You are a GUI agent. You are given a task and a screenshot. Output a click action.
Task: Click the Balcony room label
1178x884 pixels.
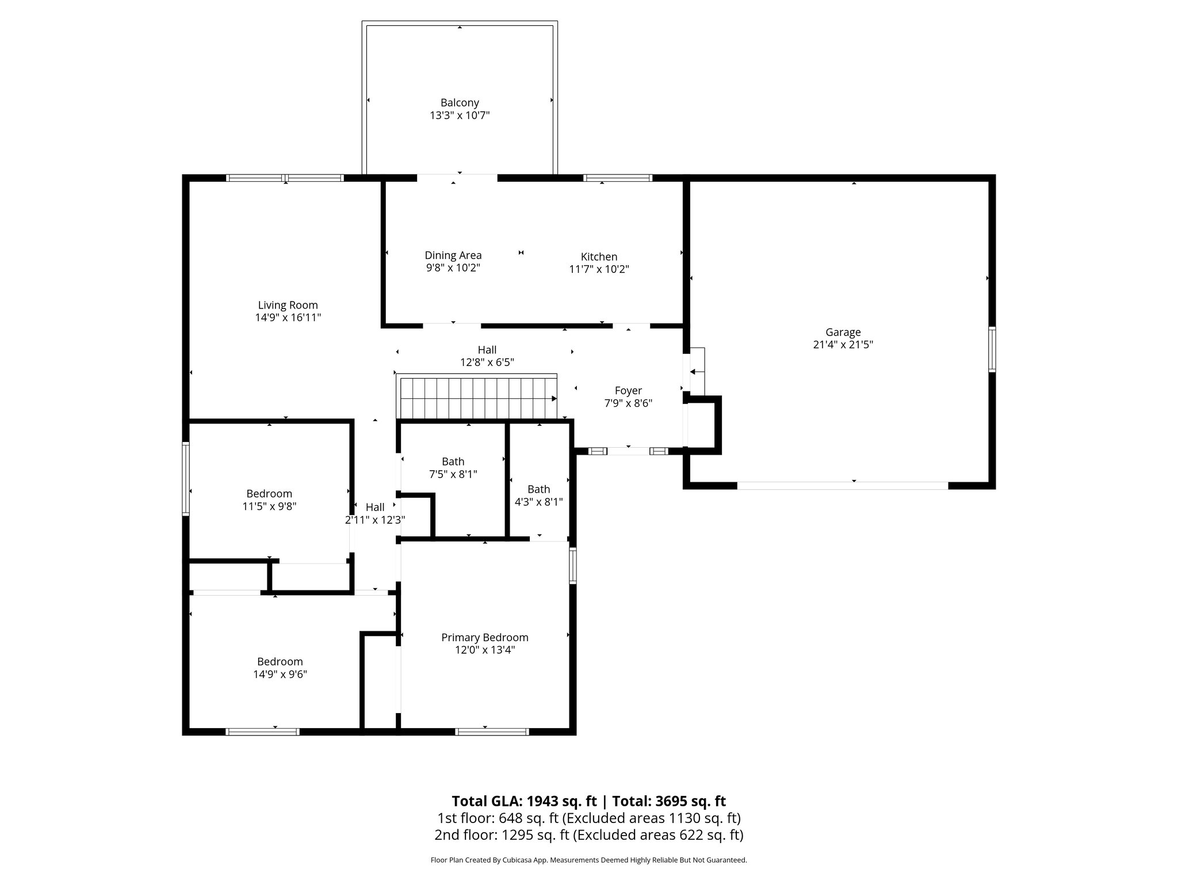460,103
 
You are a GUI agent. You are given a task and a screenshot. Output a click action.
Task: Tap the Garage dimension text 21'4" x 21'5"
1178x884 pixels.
843,345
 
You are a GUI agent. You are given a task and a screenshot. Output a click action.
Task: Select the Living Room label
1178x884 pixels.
288,305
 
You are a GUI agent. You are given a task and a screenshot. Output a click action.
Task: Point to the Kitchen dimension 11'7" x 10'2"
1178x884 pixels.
599,269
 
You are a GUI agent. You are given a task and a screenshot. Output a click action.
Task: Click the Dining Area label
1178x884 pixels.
453,255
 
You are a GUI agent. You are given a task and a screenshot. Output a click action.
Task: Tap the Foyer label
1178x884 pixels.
628,390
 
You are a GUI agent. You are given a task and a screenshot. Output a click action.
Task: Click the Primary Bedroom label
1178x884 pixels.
484,637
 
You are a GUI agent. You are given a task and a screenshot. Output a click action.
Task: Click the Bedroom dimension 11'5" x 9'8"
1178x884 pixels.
269,506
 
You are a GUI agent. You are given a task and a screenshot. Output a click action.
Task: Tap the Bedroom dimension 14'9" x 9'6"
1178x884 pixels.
280,675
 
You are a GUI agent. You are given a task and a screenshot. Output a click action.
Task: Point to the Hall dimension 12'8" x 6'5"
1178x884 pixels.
487,363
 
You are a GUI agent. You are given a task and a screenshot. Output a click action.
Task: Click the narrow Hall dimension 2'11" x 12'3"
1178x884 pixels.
375,520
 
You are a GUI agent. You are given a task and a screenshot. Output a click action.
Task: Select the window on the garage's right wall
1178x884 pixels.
992,349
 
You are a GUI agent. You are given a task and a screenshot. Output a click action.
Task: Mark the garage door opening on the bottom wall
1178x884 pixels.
842,486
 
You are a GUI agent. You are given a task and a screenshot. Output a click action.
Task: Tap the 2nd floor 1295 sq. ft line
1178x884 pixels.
588,835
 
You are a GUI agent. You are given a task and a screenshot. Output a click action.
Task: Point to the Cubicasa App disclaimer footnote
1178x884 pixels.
588,860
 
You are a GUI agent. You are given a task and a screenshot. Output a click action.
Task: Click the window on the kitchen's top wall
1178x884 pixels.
618,178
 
